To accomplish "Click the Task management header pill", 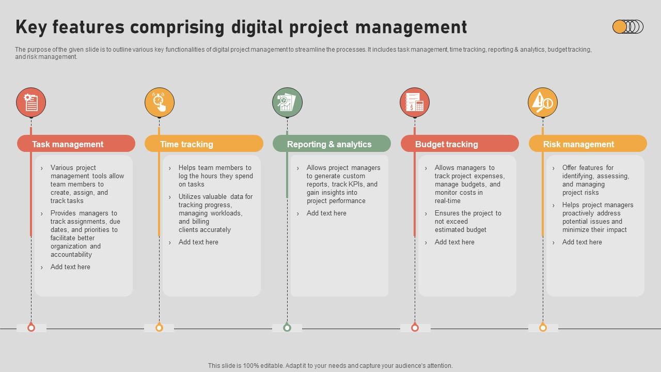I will tap(76, 144).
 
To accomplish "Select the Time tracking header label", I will tap(186, 144).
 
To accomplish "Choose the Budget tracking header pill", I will tap(460, 144).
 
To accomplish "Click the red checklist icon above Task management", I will tap(31, 102).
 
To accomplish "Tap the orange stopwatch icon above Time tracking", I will tap(159, 102).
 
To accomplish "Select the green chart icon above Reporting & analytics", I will tap(287, 102).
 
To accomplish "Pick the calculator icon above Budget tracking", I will tap(415, 102).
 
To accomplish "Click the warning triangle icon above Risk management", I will tap(542, 102).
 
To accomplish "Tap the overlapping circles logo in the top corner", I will tap(627, 27).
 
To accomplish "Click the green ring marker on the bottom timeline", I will tap(287, 328).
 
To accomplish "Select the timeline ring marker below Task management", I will tap(31, 328).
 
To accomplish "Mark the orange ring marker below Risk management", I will tap(543, 328).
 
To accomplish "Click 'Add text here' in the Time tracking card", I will tap(198, 242).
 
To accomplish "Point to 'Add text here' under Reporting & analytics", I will tap(326, 213).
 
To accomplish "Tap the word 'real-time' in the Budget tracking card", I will tap(447, 201).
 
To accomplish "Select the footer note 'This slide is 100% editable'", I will tap(330, 366).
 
